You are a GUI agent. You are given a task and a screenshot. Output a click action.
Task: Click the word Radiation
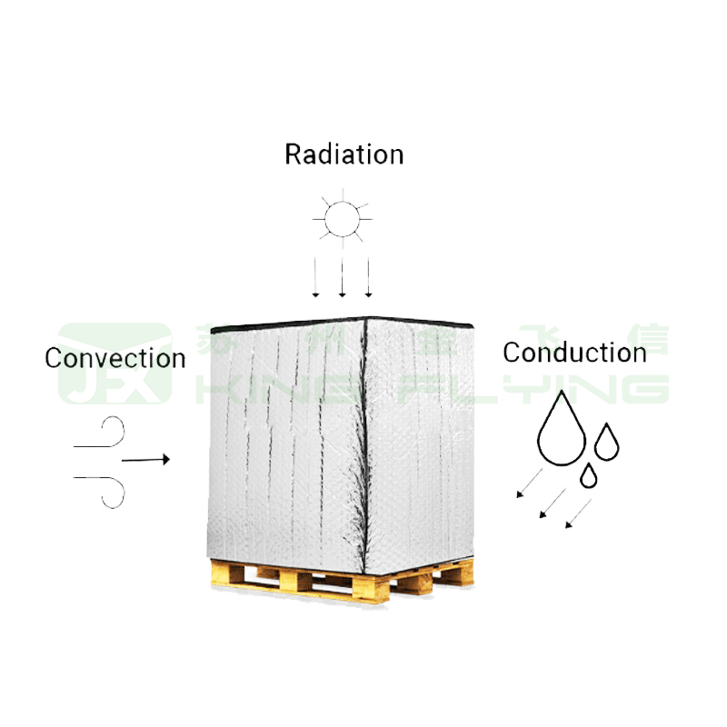[x=344, y=154]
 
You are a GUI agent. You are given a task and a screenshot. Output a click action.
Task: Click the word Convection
[x=115, y=358]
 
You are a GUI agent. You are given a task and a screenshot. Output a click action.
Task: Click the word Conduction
[x=574, y=353]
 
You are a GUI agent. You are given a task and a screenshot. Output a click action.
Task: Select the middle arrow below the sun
[x=343, y=276]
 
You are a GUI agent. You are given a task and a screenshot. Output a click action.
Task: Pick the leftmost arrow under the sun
[x=315, y=276]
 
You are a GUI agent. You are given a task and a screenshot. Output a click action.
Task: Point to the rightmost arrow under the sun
[x=369, y=276]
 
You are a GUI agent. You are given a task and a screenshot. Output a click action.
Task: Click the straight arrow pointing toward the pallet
[x=145, y=460]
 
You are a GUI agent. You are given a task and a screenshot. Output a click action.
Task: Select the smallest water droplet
[x=590, y=474]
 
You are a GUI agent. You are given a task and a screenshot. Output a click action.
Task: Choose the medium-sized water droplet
[x=606, y=442]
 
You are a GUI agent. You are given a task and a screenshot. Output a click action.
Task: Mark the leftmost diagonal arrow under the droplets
[x=529, y=483]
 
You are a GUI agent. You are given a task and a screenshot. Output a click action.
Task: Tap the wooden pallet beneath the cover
[x=341, y=582]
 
